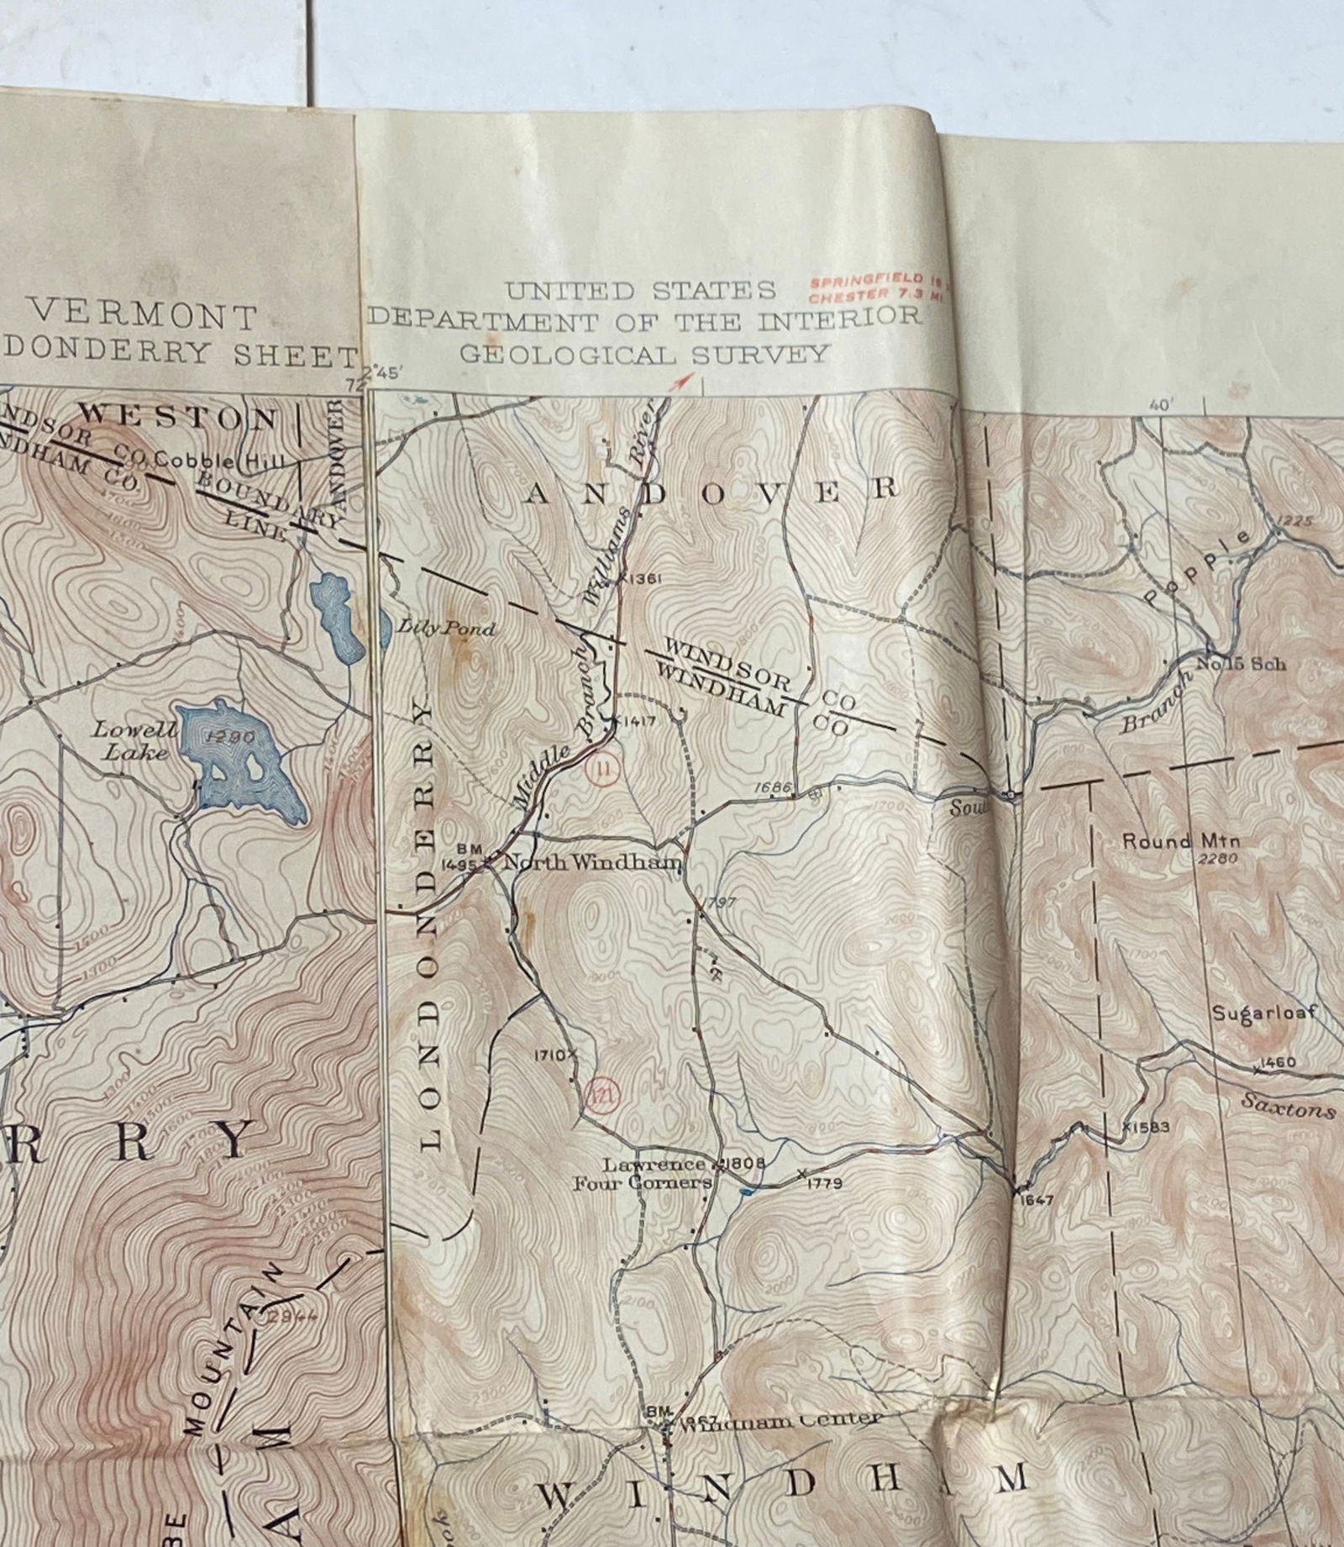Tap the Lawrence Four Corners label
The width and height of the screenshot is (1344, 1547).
(x=643, y=1174)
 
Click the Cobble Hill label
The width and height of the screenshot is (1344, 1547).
(x=219, y=460)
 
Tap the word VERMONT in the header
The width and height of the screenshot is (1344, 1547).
(x=143, y=317)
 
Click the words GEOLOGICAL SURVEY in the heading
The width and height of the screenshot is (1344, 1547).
(x=644, y=354)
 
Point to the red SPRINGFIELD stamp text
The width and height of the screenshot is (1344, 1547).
(x=864, y=280)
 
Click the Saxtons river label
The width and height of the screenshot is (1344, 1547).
(x=1289, y=1110)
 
